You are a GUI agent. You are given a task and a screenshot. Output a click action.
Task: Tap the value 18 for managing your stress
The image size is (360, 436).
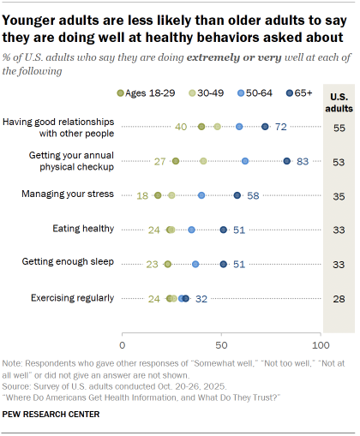point(142,195)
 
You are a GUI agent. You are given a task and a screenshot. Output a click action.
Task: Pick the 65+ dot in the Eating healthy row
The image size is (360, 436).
point(224,230)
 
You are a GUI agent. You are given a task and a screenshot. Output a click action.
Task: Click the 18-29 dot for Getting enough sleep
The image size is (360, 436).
point(168,264)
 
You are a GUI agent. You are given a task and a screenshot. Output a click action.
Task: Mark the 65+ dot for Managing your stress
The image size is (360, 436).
point(237,195)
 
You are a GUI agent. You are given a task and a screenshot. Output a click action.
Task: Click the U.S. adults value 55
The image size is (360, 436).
point(338,126)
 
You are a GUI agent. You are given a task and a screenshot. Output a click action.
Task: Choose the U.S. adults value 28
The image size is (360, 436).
point(338,298)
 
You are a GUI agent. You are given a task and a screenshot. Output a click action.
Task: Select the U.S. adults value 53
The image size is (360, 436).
point(338,160)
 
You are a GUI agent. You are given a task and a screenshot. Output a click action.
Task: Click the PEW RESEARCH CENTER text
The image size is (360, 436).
point(51,415)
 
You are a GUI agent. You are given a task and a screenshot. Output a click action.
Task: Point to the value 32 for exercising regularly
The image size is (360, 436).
point(202,298)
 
